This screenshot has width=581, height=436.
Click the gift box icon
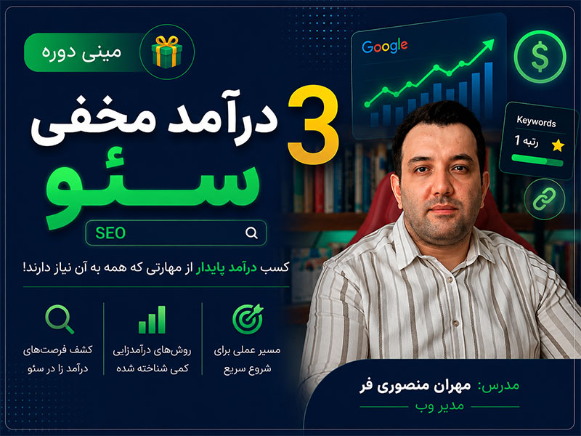click(167, 52)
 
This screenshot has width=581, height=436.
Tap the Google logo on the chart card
click(385, 47)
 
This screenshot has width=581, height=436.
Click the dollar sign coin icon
click(540, 57)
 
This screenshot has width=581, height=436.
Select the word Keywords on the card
click(536, 121)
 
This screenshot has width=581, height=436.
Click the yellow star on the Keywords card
click(558, 145)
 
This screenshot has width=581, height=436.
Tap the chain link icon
click(544, 199)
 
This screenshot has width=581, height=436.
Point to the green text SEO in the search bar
click(110, 233)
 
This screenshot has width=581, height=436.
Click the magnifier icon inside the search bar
click(251, 233)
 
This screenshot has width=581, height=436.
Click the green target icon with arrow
click(248, 319)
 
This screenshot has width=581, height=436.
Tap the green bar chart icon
click(152, 320)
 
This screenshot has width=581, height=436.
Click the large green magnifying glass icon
click(60, 319)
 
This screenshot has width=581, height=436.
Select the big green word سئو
click(152, 187)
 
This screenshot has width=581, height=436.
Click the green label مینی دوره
click(81, 52)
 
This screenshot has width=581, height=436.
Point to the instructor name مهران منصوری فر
click(415, 386)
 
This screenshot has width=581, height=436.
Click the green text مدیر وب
click(439, 406)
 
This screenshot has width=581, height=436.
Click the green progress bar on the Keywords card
click(537, 160)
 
